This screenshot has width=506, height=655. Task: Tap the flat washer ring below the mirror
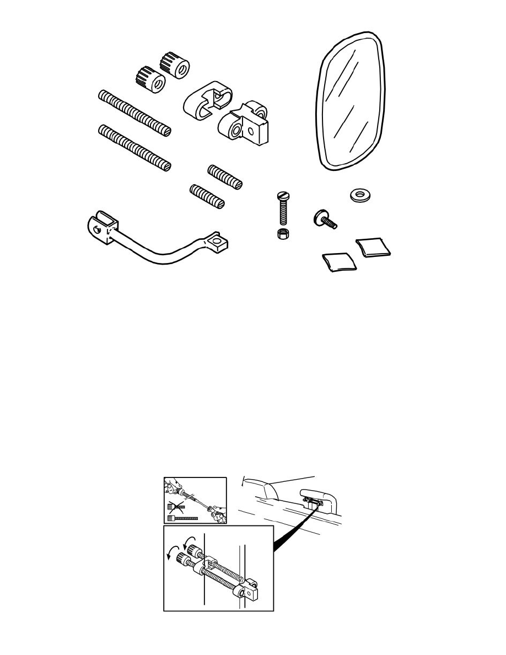point(360,196)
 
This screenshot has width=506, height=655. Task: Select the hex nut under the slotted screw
point(281,233)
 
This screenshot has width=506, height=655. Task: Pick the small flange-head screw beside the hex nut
point(325,219)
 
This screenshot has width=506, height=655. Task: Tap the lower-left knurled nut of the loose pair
point(149,80)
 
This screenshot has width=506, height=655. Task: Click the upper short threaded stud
point(225,176)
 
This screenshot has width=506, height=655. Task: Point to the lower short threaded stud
point(207,197)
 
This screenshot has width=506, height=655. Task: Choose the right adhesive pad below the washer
point(374,246)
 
